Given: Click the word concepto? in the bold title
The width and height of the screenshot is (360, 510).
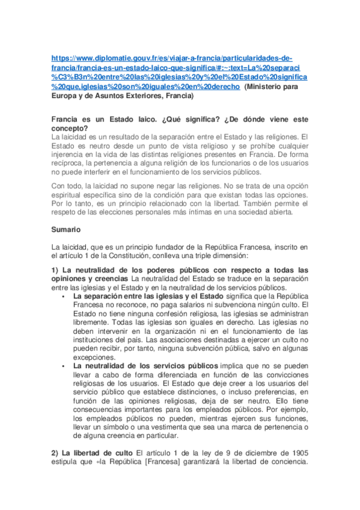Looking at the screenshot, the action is (70, 128).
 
